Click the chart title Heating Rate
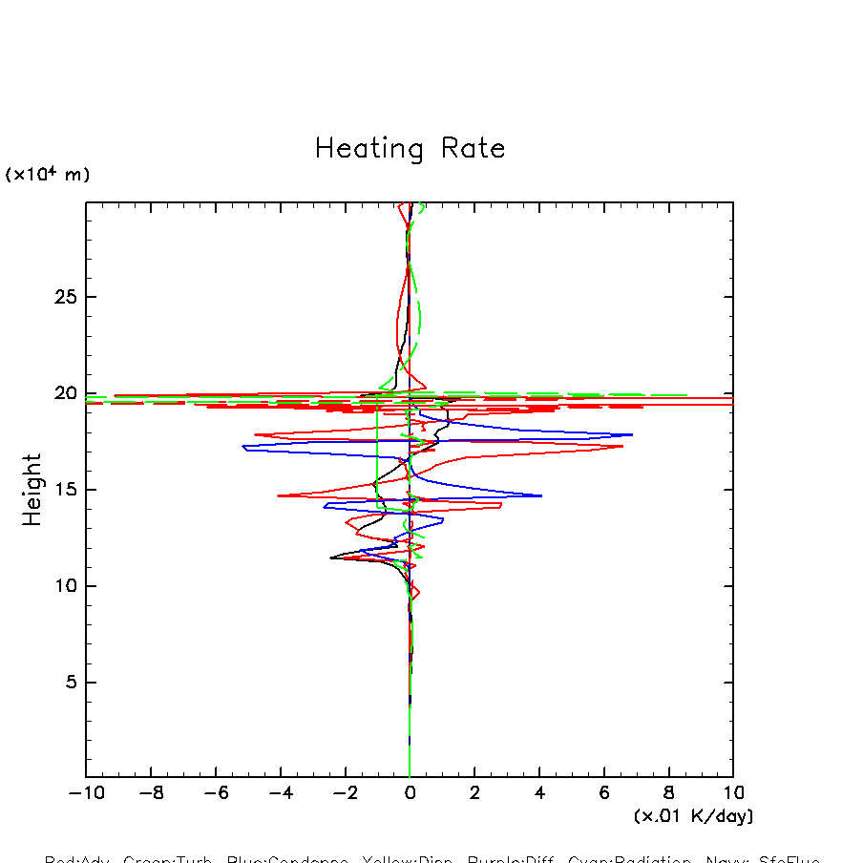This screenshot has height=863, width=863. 410,149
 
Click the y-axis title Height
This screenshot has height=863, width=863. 32,490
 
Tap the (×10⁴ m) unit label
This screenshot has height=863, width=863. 48,175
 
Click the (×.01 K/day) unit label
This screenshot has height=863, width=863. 693,816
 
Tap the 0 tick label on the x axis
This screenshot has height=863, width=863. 410,793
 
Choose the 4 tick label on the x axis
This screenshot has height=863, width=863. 539,793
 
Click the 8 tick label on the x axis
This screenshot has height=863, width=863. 668,793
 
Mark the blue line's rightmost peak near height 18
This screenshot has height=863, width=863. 632,434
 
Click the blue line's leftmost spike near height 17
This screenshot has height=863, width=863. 243,446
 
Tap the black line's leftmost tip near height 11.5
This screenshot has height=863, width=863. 330,558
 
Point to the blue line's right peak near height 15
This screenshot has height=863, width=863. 541,495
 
